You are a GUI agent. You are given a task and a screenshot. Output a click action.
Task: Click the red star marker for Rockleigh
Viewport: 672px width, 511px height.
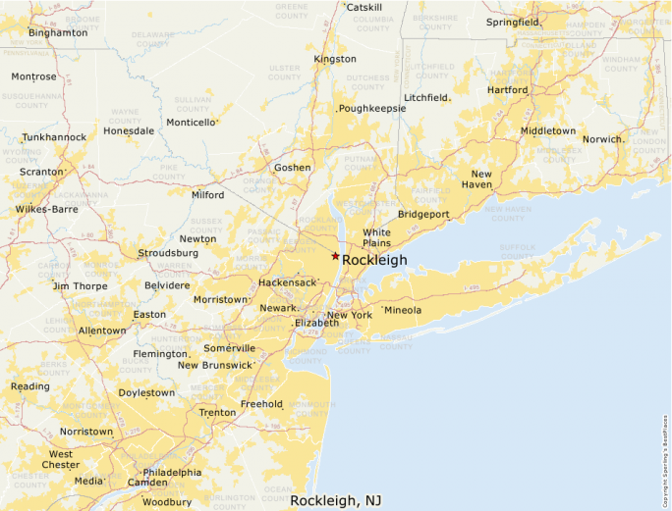point(335,256)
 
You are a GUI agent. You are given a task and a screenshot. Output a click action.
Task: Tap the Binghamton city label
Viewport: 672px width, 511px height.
point(58,32)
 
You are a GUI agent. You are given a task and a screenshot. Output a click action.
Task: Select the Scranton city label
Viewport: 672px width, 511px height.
point(40,172)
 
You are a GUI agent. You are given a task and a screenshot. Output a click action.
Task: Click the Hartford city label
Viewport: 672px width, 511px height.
point(507,89)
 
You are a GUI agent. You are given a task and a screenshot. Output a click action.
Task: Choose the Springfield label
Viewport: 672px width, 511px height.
point(512,22)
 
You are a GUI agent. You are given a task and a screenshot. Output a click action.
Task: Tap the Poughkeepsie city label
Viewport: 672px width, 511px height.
point(372,108)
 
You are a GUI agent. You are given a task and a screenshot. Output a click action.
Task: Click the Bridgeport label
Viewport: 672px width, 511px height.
point(423,214)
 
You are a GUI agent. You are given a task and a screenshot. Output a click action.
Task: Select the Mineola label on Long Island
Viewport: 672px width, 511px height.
point(403,310)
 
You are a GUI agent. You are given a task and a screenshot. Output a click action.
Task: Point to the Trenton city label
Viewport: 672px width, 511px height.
point(217,412)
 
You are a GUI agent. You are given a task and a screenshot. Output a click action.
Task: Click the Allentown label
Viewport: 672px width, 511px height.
point(102,331)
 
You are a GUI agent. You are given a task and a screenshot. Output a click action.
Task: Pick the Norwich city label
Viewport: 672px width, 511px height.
point(602,139)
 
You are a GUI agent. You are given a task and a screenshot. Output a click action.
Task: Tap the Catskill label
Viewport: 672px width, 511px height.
point(364,7)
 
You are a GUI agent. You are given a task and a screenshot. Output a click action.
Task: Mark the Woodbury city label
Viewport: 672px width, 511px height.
point(166,502)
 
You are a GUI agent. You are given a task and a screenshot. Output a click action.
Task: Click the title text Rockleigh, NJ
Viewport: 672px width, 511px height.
point(336,500)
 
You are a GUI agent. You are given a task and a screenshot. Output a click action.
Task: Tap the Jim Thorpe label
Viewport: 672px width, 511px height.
point(80,285)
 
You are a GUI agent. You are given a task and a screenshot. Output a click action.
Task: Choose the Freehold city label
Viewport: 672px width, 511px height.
point(261,403)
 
